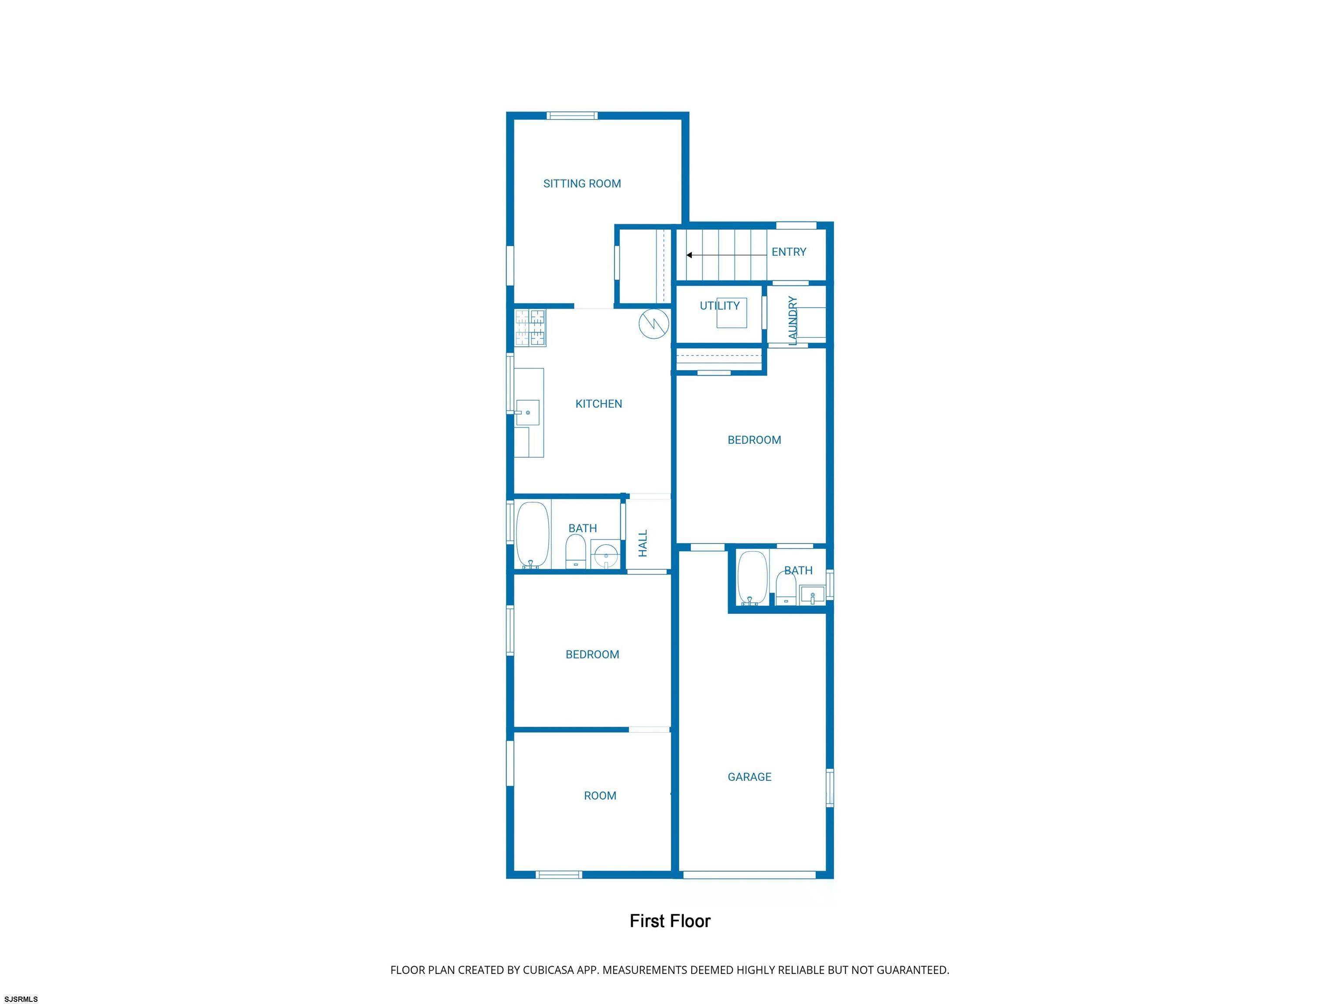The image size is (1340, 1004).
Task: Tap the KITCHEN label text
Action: (x=598, y=404)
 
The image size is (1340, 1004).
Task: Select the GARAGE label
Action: (x=749, y=777)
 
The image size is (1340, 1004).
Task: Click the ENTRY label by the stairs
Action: (x=789, y=252)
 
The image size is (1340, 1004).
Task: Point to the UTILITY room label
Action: (x=720, y=306)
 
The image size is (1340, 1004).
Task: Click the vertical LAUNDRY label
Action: (x=792, y=320)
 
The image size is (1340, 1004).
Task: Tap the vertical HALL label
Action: (x=643, y=543)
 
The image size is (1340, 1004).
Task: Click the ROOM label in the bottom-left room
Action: (x=600, y=796)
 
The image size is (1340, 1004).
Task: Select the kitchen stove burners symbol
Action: (x=530, y=327)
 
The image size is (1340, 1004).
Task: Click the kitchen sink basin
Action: (x=528, y=412)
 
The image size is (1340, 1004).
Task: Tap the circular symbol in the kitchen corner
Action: (x=654, y=323)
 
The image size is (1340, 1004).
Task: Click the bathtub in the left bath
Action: (x=533, y=535)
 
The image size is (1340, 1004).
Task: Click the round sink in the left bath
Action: (x=605, y=555)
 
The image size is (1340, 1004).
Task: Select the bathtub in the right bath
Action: (x=752, y=578)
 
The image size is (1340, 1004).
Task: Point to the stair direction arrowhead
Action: (x=689, y=255)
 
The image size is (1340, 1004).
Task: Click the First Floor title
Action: (x=670, y=921)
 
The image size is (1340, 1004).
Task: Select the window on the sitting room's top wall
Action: (x=572, y=116)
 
